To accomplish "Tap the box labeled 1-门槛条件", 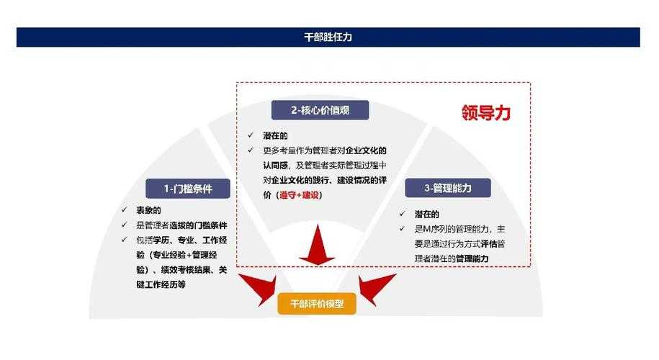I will click(177, 189).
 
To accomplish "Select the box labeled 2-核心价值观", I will click(320, 110).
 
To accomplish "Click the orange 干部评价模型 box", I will click(317, 304).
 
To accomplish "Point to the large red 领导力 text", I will click(486, 113).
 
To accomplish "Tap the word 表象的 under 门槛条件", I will click(149, 210).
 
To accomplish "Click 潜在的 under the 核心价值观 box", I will click(275, 135).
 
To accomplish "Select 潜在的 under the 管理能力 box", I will click(426, 214).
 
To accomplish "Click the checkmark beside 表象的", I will click(124, 210).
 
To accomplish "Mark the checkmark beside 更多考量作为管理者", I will click(250, 150).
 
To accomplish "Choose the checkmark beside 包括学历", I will click(124, 240).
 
